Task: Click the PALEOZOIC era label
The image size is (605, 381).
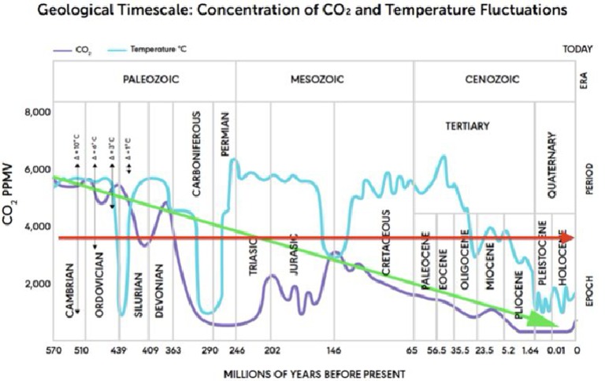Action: click(x=144, y=80)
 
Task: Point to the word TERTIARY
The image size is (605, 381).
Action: click(x=467, y=126)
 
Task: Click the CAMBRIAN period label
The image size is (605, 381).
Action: click(x=71, y=290)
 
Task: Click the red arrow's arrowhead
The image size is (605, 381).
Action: click(x=568, y=237)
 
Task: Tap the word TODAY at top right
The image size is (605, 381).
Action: click(x=577, y=49)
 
